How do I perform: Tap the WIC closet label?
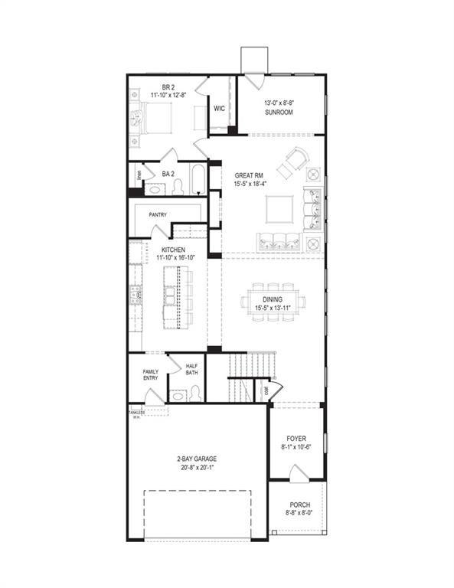[218, 109]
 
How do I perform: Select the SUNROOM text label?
[279, 112]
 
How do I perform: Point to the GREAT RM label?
[250, 175]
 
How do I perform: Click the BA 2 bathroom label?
[168, 174]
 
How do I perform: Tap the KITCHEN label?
[172, 250]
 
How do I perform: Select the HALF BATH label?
[192, 369]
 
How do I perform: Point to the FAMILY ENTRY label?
[150, 375]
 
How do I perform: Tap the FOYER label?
[296, 439]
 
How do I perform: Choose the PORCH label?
[299, 505]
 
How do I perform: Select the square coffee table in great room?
[279, 208]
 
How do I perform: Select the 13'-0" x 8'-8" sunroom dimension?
[280, 103]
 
